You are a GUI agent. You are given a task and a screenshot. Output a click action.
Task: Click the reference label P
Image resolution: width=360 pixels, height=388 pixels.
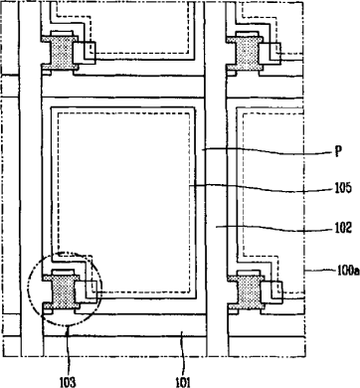(x=338, y=152)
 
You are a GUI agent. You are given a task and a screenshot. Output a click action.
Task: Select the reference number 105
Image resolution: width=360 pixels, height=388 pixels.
(x=343, y=188)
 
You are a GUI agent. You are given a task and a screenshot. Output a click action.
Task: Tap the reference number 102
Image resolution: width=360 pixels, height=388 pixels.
(x=343, y=228)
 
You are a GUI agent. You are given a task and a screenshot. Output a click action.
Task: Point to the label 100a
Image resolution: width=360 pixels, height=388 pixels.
(x=348, y=271)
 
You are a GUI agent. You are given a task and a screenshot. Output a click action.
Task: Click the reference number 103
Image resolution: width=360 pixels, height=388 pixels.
(x=68, y=382)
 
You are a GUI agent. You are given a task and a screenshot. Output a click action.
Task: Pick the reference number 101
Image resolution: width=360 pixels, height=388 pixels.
(x=183, y=382)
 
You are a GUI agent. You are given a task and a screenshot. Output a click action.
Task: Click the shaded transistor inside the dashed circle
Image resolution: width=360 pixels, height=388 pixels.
(x=62, y=290)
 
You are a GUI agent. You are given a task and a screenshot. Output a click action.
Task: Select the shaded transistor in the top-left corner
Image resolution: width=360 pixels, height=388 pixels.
(x=61, y=51)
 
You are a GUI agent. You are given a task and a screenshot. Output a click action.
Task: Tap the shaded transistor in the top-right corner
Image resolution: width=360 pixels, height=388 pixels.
(x=246, y=51)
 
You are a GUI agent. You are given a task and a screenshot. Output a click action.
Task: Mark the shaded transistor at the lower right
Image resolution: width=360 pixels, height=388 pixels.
(x=246, y=290)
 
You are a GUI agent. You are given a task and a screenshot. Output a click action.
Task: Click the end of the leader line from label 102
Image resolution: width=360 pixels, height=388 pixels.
(x=216, y=227)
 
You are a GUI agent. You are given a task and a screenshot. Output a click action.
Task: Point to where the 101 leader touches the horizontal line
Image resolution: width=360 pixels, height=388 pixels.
(x=181, y=336)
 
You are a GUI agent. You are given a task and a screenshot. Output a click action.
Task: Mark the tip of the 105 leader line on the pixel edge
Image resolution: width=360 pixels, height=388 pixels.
(x=190, y=186)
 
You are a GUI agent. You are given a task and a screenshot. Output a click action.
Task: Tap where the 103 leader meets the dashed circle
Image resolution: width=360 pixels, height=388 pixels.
(x=68, y=326)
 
